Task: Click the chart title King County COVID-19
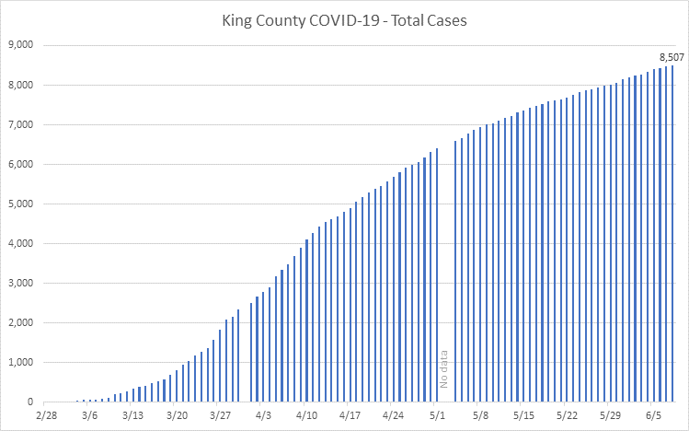[345, 20]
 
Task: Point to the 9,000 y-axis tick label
[20, 45]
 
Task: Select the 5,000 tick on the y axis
[20, 204]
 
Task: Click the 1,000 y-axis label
[20, 363]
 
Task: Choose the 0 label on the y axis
[30, 402]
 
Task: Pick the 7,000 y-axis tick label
[20, 125]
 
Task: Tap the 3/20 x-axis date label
[177, 416]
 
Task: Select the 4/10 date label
[306, 416]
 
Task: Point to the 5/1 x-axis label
[437, 416]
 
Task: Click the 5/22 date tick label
[567, 416]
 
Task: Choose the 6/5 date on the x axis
[653, 416]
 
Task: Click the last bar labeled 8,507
[672, 235]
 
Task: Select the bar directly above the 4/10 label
[306, 322]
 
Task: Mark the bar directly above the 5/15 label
[523, 257]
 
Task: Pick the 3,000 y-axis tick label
[20, 284]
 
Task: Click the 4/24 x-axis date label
[394, 416]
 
